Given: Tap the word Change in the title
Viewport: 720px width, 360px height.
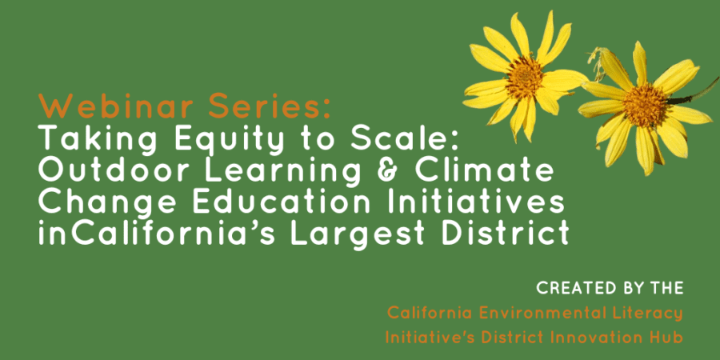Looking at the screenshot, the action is [x=106, y=204].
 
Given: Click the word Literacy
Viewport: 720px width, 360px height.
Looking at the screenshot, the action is [x=642, y=314].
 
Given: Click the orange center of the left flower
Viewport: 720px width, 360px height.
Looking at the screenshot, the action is [x=524, y=77].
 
